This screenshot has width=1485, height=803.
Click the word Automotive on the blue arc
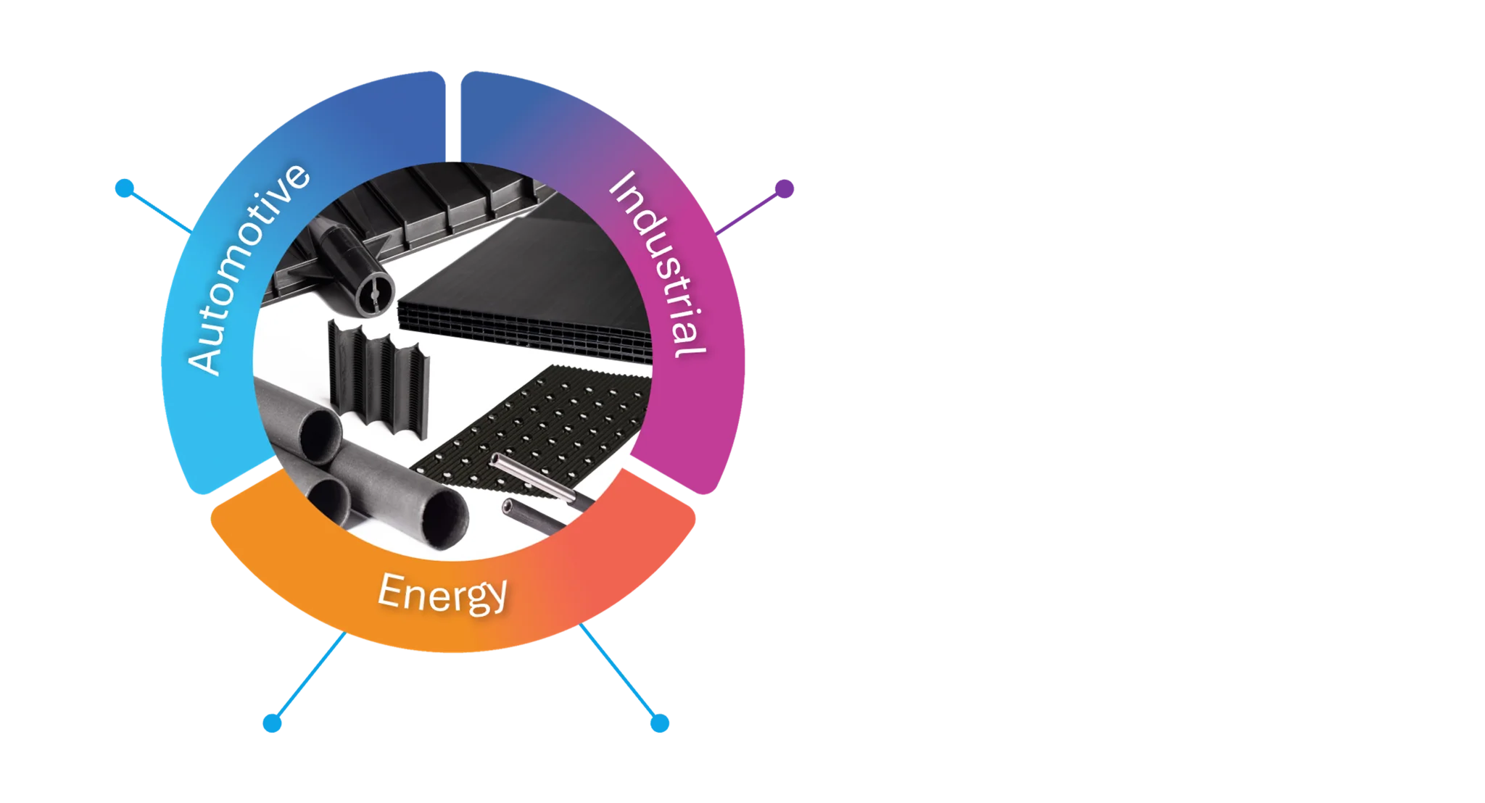coord(247,268)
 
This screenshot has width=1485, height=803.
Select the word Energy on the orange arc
coord(442,594)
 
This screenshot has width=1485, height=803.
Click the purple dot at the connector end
coord(783,189)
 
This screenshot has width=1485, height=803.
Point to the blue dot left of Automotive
coord(124,188)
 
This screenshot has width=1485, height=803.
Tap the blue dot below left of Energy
coord(272,723)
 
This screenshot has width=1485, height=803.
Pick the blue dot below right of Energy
coord(660,723)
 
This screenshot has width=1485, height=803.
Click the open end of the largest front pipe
coord(445,518)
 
